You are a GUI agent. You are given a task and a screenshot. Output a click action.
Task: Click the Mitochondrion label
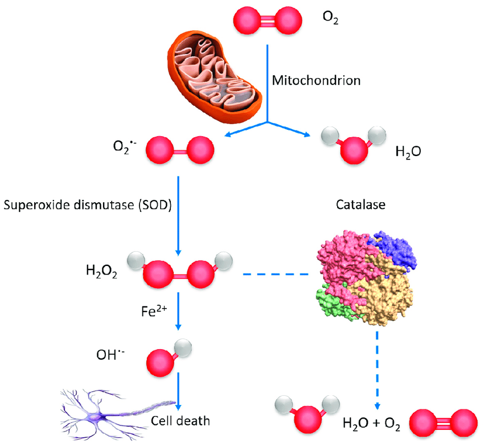click(x=316, y=80)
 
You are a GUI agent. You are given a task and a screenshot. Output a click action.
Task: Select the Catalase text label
click(x=362, y=204)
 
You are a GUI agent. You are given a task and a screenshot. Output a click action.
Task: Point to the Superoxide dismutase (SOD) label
click(x=88, y=204)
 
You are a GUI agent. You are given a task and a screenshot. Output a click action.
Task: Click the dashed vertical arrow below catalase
click(x=376, y=370)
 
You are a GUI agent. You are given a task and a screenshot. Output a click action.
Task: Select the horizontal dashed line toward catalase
click(x=277, y=274)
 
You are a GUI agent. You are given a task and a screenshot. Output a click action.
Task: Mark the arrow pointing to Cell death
click(x=178, y=392)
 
